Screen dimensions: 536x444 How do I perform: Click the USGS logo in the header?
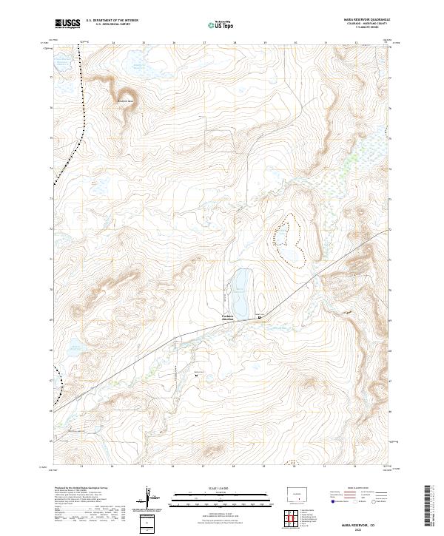pyautogui.click(x=67, y=24)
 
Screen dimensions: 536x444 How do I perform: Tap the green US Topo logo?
pyautogui.click(x=223, y=24)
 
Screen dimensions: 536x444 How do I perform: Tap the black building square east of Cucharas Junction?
pyautogui.click(x=259, y=317)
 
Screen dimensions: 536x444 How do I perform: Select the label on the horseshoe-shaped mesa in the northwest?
pyautogui.click(x=126, y=101)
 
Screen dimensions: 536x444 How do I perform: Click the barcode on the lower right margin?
pyautogui.click(x=431, y=506)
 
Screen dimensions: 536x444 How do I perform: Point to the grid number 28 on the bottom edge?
pyautogui.click(x=234, y=467)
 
